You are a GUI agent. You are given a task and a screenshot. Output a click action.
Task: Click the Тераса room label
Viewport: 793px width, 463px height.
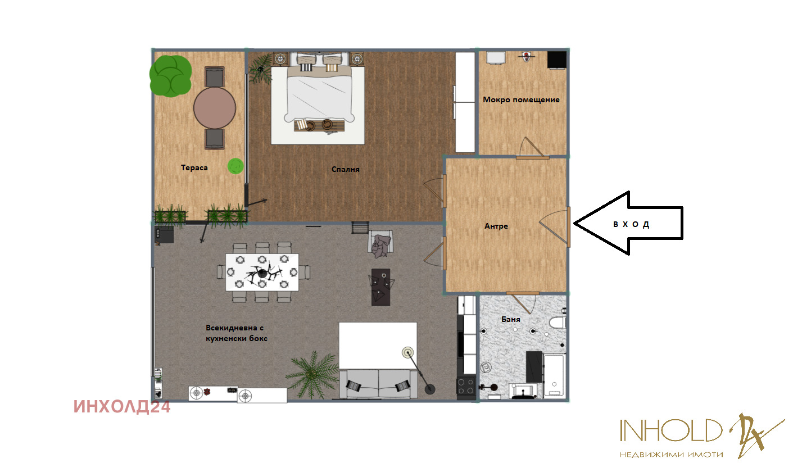(x=194, y=168)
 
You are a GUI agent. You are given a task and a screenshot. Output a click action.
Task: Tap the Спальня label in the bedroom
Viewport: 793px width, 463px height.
(x=345, y=170)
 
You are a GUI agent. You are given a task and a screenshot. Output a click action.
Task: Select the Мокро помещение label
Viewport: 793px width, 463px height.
(x=521, y=100)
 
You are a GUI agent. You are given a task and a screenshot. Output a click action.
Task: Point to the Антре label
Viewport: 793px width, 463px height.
(x=496, y=226)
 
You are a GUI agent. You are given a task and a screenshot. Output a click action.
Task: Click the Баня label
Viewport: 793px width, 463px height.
(x=510, y=319)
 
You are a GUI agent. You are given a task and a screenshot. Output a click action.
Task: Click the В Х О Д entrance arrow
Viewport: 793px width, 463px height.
(x=628, y=223)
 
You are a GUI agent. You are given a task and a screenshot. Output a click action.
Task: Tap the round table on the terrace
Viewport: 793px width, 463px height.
(x=215, y=108)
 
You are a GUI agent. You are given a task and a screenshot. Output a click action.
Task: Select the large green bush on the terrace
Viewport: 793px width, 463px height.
(x=170, y=76)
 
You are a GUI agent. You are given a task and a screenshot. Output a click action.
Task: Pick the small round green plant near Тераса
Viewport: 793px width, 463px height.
(x=235, y=166)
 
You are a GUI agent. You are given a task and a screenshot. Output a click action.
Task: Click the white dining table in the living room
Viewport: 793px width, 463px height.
(x=262, y=272)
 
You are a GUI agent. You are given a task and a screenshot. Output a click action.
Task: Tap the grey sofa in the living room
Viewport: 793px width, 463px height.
(x=378, y=384)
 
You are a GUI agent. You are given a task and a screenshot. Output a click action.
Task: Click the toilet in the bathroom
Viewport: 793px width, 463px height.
(x=558, y=323)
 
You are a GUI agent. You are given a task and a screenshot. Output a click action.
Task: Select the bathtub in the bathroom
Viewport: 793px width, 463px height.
(x=555, y=375)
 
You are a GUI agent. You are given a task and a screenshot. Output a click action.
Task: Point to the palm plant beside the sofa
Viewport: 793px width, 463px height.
(x=311, y=375)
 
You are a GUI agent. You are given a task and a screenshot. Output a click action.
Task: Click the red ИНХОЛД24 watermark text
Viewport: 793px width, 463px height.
(x=122, y=407)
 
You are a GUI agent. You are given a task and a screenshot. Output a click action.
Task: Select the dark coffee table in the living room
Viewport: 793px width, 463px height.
(x=380, y=287)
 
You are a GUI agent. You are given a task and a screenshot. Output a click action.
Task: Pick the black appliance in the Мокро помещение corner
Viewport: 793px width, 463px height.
(x=557, y=60)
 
